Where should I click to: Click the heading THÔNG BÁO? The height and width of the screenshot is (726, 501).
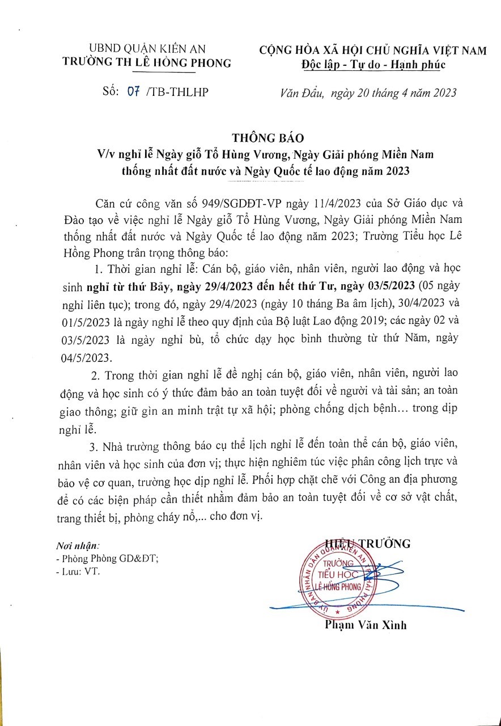(x=268, y=138)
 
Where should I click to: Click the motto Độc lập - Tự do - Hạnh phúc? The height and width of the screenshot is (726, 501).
(x=373, y=64)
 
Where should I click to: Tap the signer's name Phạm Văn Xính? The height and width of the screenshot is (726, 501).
(x=366, y=625)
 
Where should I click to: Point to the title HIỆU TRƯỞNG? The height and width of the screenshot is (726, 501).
(x=367, y=544)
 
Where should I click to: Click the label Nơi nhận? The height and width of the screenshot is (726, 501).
(x=78, y=546)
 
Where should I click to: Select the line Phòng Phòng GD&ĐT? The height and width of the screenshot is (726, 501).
(x=111, y=559)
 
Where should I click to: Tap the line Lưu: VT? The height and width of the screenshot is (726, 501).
(x=80, y=572)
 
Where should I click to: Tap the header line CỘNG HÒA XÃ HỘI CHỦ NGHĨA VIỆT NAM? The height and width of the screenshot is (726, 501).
(x=373, y=50)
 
